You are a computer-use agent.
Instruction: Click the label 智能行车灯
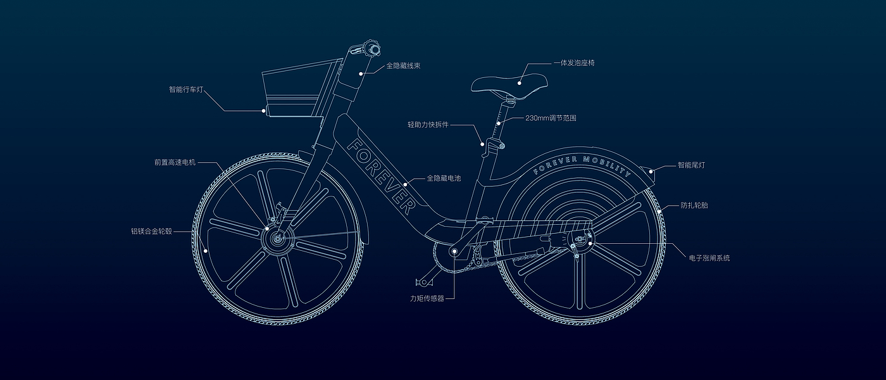(x=186, y=89)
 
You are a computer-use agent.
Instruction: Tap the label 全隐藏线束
(x=406, y=65)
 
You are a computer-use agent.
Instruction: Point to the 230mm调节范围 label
(x=551, y=118)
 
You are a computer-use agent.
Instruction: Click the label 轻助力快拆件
(x=428, y=125)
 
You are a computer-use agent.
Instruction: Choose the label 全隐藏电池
(x=444, y=179)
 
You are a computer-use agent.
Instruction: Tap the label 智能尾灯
(x=691, y=165)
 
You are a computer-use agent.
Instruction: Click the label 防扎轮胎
(x=694, y=205)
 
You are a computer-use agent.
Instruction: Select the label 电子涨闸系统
(x=709, y=258)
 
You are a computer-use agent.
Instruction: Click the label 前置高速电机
(x=175, y=162)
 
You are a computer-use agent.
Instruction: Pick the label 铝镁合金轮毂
(x=152, y=231)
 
